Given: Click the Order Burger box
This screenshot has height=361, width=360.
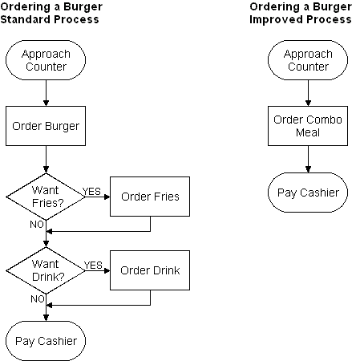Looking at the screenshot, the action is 46,126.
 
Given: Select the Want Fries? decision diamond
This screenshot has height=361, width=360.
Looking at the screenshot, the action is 46,197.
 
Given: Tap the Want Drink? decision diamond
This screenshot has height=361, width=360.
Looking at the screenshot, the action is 46,270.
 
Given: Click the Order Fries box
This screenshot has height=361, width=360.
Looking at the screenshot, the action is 150,197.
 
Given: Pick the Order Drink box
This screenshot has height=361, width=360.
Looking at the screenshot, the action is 150,270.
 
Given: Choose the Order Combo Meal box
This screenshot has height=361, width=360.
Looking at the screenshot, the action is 308,126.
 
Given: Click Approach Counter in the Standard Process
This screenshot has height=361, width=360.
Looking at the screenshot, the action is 46,60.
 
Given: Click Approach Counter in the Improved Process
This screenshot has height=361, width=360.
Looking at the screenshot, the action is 308,60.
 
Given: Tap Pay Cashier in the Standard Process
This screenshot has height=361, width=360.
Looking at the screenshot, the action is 46,341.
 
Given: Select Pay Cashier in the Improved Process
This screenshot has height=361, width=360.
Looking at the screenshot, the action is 308,193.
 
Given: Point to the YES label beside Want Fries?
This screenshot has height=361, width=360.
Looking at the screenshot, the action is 91,192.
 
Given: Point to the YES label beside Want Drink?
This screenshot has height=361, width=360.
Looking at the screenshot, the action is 93,266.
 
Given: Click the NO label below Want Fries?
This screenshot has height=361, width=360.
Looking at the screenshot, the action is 37,225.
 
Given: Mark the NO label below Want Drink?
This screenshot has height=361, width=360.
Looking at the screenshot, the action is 38,298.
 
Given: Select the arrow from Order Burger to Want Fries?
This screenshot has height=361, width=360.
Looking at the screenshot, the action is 46,160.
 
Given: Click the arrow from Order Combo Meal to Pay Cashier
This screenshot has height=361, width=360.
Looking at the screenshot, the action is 308,159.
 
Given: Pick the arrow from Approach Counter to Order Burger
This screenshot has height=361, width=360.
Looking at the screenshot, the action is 46,93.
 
